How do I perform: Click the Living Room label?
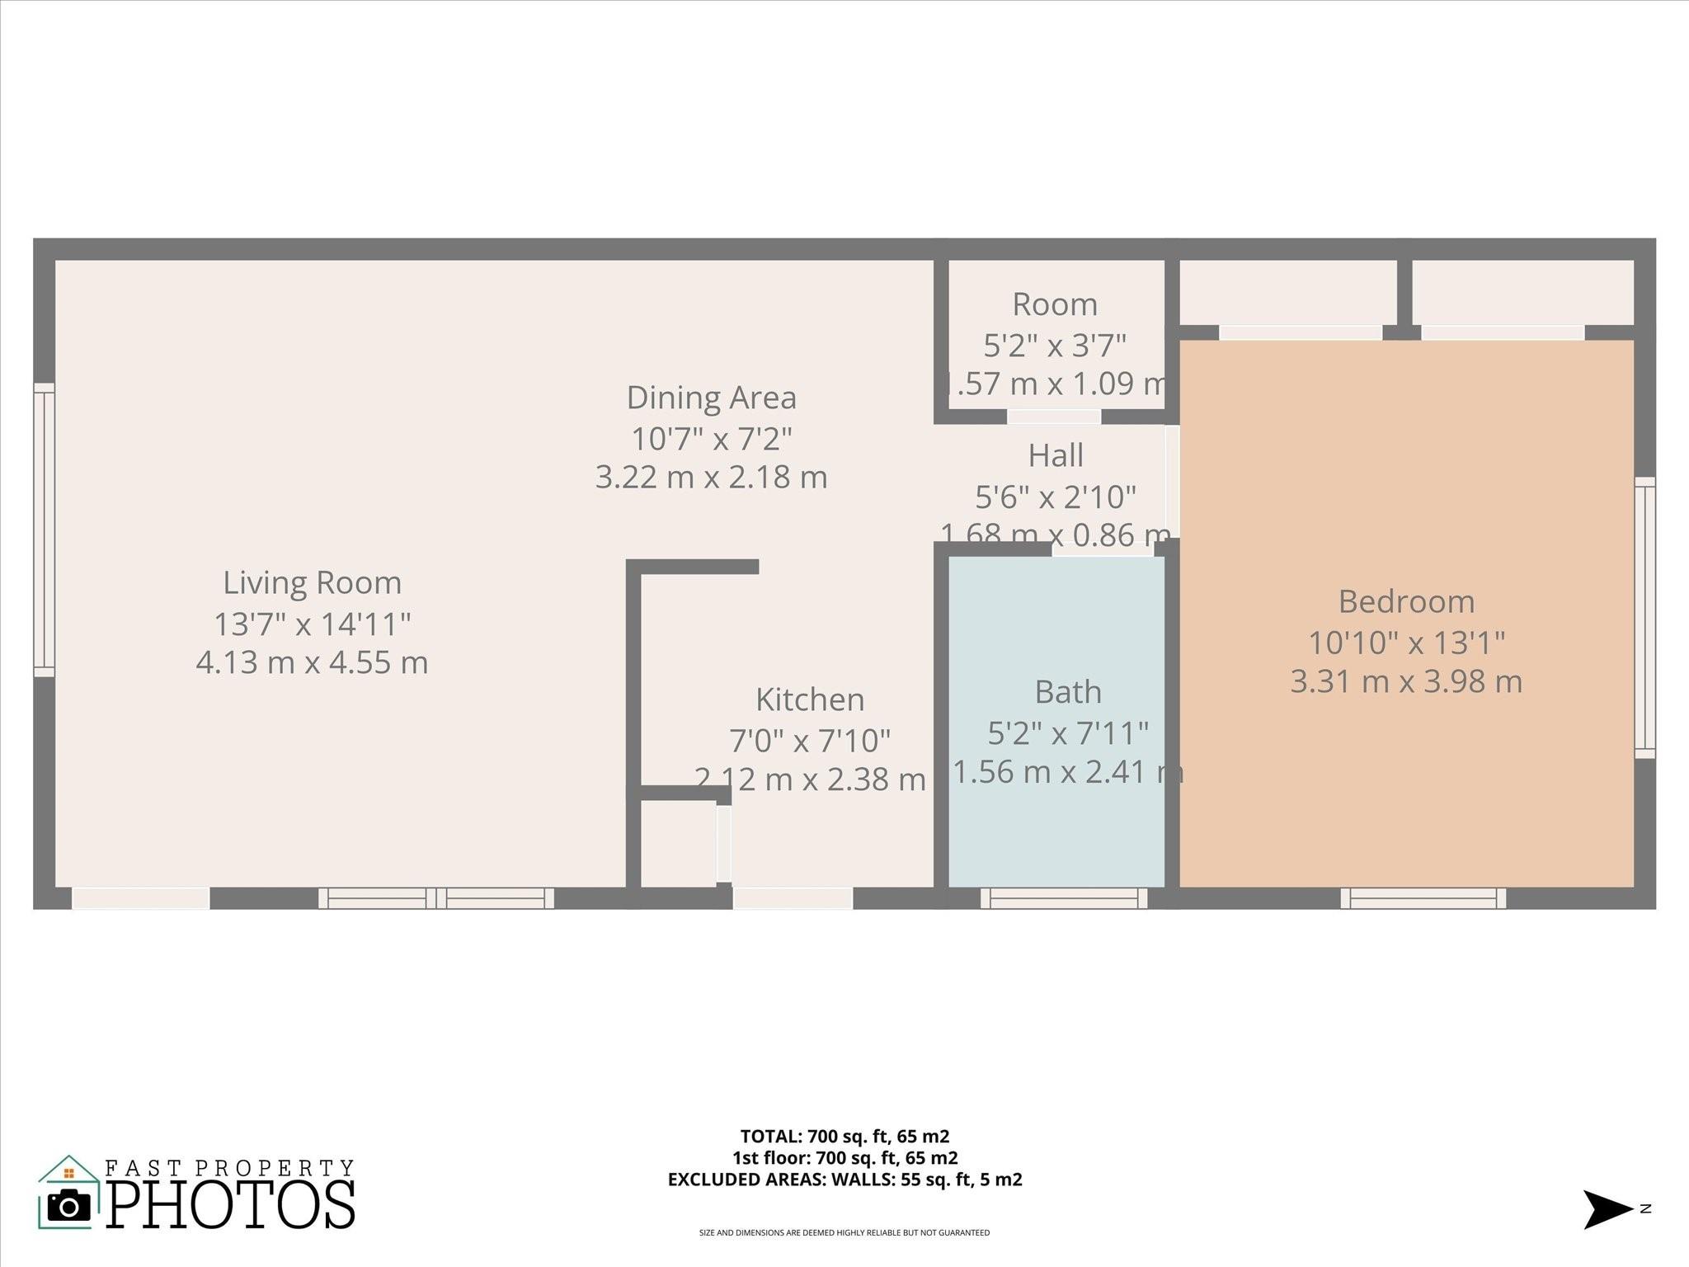[312, 583]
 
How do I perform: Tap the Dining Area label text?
[711, 398]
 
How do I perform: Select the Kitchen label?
[810, 699]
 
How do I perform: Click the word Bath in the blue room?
[1067, 692]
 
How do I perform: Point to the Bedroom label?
[1405, 601]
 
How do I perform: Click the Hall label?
[1055, 455]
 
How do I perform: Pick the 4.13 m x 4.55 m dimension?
[312, 662]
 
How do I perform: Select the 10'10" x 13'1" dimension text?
[1406, 643]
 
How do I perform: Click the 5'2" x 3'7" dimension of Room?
[1054, 345]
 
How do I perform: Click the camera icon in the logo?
[69, 1207]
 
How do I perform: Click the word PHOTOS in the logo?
[231, 1205]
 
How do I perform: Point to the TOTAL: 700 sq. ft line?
[844, 1136]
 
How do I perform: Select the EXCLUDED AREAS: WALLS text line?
[844, 1180]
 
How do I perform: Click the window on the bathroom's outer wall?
[1063, 898]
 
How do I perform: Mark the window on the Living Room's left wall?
[44, 530]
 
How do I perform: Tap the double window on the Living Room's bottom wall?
[436, 898]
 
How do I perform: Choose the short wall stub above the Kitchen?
[698, 566]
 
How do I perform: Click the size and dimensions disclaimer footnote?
[844, 1233]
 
